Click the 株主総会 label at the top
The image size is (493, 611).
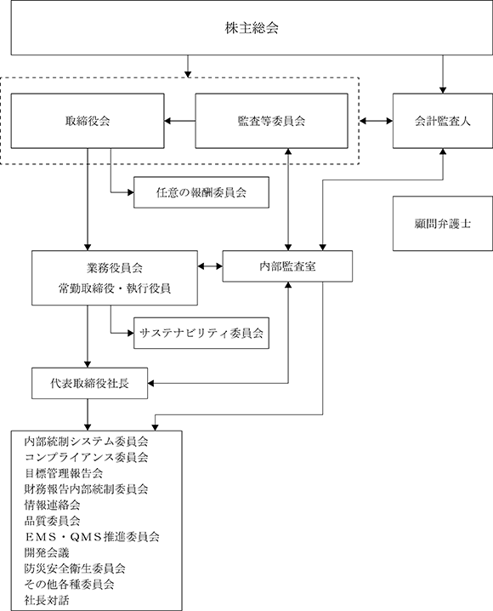[x=252, y=28]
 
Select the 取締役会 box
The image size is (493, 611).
[x=88, y=121]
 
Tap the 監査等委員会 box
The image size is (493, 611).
[x=272, y=121]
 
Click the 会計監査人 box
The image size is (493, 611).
[x=443, y=121]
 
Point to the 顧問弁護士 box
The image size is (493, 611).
[x=443, y=223]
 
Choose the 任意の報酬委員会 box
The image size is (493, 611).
[x=201, y=192]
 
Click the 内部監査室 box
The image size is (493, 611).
[x=287, y=266]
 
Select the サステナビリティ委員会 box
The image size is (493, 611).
[x=201, y=333]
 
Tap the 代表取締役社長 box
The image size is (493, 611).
[x=90, y=383]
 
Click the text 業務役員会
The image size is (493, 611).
[x=115, y=268]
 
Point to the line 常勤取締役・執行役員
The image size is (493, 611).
[x=115, y=288]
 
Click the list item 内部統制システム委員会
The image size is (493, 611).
[x=86, y=442]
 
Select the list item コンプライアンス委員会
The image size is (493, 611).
[x=86, y=457]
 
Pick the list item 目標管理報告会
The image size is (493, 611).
[x=64, y=473]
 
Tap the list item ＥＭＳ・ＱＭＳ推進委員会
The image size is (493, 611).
[x=92, y=537]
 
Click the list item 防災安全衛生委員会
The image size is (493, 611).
[x=75, y=568]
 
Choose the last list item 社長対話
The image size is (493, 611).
[x=47, y=600]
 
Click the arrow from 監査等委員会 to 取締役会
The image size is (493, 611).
[x=179, y=121]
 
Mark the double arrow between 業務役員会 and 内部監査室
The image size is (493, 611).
[x=210, y=266]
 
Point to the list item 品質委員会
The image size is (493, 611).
[x=52, y=521]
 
